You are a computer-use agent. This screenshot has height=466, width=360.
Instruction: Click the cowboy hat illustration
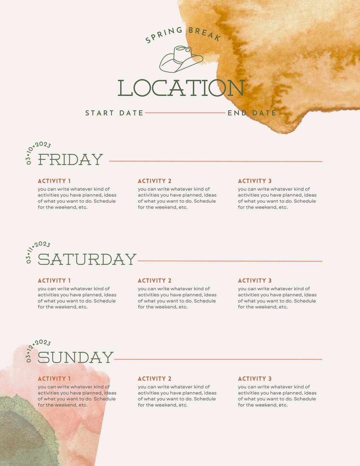(180, 59)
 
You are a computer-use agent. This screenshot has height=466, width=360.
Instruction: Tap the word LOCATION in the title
(181, 88)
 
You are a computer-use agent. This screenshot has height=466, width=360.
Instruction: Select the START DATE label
(114, 113)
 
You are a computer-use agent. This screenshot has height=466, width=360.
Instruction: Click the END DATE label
(252, 113)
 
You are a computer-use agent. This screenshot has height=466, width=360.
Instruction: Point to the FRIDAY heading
(70, 160)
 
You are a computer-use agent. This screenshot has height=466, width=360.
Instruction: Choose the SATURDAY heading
(87, 259)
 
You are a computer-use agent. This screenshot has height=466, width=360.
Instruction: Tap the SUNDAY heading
(76, 358)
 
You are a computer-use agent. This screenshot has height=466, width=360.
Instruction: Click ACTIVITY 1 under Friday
(54, 181)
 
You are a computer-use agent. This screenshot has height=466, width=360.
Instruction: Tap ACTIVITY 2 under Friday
(155, 181)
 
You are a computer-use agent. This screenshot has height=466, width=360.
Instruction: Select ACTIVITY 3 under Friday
(255, 181)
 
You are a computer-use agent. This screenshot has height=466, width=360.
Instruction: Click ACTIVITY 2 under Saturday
(155, 281)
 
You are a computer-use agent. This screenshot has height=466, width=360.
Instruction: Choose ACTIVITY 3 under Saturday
(255, 281)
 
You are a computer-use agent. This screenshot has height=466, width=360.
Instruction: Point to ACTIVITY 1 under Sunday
(54, 379)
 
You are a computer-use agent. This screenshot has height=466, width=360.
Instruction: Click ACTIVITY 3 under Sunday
(255, 379)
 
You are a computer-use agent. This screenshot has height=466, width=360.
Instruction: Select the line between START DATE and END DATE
(185, 113)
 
